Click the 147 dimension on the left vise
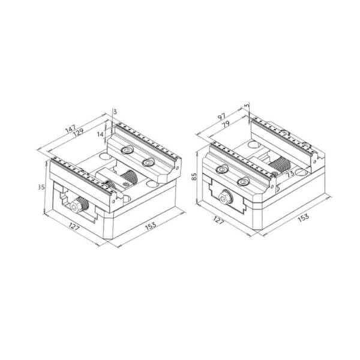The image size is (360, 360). pos(70,129)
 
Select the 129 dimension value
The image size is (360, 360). pos(78,133)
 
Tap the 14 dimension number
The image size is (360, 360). pos(100,134)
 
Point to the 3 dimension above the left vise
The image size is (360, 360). pos(115,112)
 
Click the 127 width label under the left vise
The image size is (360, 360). pos(74,227)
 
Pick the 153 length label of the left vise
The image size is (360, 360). pos(151,225)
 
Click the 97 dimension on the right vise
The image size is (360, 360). pos(222,116)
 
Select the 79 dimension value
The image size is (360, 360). pos(226,124)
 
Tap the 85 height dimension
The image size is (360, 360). pos(194,176)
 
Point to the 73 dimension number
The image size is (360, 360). pos(290,173)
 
